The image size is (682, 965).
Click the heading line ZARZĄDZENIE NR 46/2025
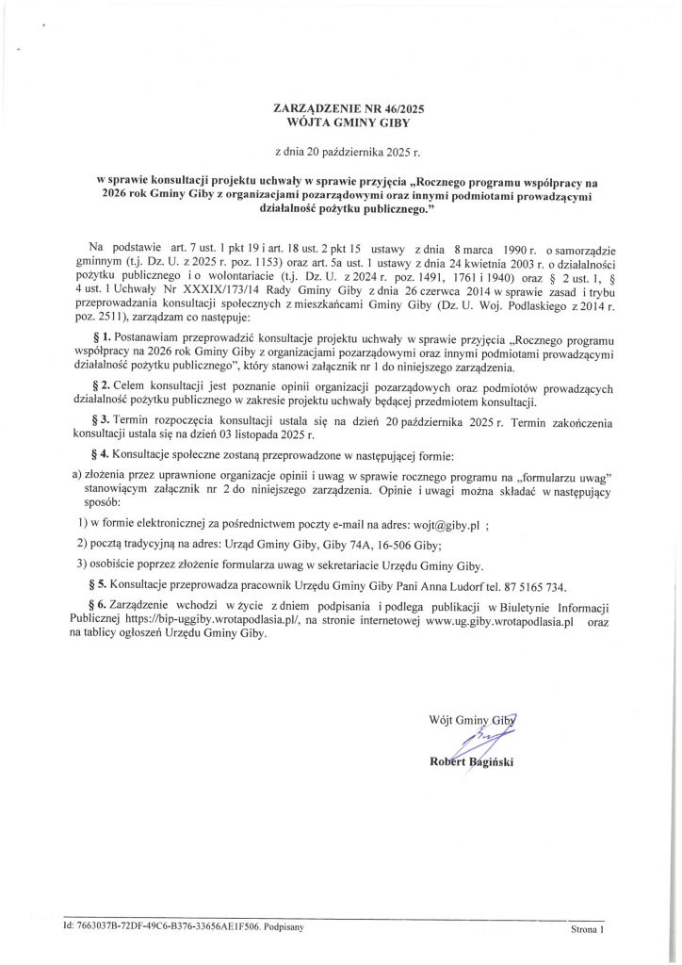[340, 109]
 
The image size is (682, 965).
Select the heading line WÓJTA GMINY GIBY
[340, 123]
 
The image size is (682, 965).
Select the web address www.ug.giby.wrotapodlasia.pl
[488, 623]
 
